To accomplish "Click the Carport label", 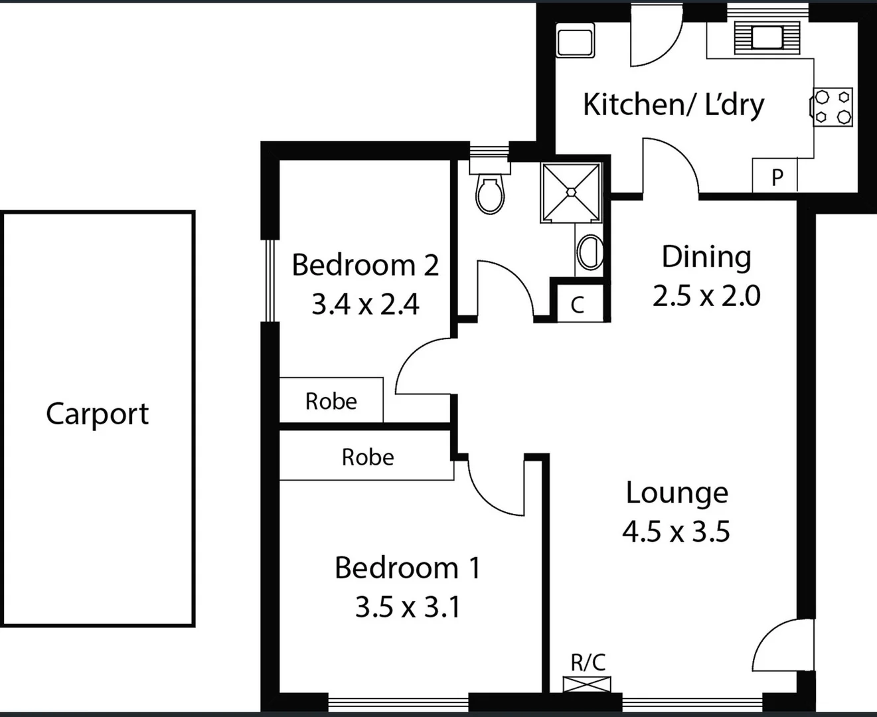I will click(x=97, y=414).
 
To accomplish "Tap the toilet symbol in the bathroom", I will click(x=490, y=193).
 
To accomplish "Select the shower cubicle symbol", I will click(x=572, y=192).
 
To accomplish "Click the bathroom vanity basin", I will click(x=590, y=252).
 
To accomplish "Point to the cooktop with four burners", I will click(x=833, y=107).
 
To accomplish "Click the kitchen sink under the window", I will click(x=767, y=37).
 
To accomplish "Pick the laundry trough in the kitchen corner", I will click(x=575, y=41).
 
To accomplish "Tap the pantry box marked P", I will click(x=776, y=177).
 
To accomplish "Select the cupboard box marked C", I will click(x=578, y=305).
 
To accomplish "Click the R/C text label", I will click(x=588, y=662).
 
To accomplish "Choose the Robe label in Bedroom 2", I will click(x=331, y=401).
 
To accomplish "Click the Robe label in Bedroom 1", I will click(x=367, y=457).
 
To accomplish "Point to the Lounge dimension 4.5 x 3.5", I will click(x=676, y=532).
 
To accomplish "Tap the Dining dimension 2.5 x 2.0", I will click(x=706, y=296).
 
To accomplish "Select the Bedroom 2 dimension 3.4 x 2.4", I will click(x=365, y=305).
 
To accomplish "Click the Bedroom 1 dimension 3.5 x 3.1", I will click(x=407, y=607).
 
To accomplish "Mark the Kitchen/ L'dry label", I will click(x=673, y=104).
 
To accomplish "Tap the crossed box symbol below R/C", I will click(x=587, y=684).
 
